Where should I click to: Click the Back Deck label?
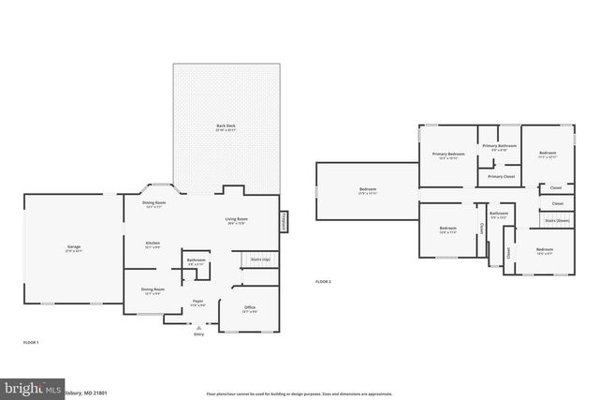pos(226,126)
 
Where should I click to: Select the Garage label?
pos(74,248)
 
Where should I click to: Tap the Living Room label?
pos(235,220)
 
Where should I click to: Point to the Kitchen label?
pos(152,244)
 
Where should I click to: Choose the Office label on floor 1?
pos(250,308)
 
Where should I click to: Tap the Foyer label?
pos(198,302)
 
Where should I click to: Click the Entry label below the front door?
pos(197,333)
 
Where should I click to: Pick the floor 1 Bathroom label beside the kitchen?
pos(196,260)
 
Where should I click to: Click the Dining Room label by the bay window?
pos(153,203)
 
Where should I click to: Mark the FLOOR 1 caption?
pos(31,343)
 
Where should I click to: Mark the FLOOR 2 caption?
pos(323,281)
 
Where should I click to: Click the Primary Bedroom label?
pos(448,154)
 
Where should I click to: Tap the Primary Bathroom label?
pos(499,146)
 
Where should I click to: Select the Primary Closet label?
pos(502,176)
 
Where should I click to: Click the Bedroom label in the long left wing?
pos(366,190)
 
